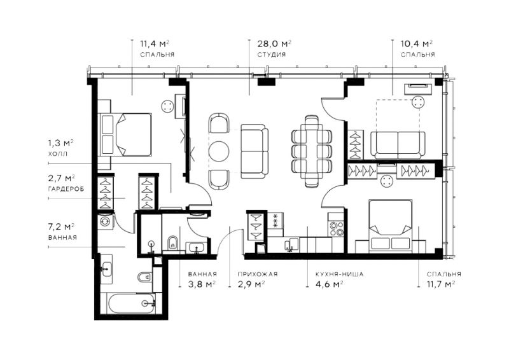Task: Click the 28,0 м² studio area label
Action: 274,43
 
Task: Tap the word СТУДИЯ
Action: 272,55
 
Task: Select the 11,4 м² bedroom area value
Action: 155,43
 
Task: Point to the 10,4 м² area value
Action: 417,43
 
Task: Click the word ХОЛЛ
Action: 58,153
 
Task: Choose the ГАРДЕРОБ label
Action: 66,189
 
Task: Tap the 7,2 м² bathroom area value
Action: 62,226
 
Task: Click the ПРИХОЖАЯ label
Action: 258,274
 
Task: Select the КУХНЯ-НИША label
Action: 340,274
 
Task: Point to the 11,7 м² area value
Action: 440,284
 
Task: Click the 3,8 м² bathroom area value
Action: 202,284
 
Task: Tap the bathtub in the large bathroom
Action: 132,303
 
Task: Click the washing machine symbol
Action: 106,221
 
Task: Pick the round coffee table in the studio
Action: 219,151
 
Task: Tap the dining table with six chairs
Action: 312,151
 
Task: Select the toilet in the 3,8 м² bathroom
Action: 172,242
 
